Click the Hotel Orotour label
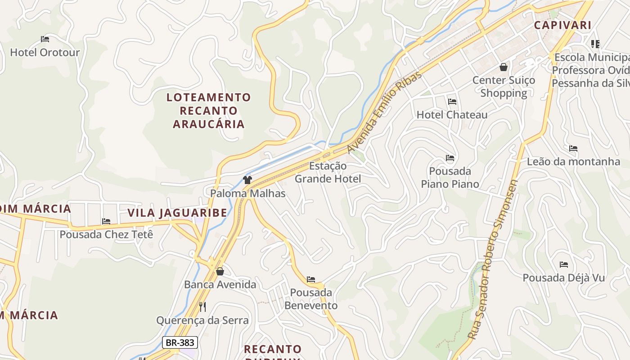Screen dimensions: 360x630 45,52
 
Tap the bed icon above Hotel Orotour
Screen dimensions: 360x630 45,39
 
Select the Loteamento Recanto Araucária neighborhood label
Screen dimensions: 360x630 209,111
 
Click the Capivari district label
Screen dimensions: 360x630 562,25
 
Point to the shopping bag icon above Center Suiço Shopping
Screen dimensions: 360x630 504,67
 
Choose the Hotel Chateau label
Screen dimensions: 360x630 452,115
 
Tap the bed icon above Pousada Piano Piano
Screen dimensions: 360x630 450,158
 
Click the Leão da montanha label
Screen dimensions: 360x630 573,162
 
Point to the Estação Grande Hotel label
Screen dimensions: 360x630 328,172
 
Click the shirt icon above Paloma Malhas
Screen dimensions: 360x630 247,180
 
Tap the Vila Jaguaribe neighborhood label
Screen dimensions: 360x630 177,213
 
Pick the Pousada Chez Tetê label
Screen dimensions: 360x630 107,234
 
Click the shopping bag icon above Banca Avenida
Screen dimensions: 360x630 220,271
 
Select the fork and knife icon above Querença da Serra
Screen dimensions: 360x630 202,307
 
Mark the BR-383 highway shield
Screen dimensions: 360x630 180,342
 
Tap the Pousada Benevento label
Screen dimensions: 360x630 311,299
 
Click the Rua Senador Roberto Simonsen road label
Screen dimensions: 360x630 493,259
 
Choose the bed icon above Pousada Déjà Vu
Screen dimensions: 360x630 563,265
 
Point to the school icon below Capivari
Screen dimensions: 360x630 595,44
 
